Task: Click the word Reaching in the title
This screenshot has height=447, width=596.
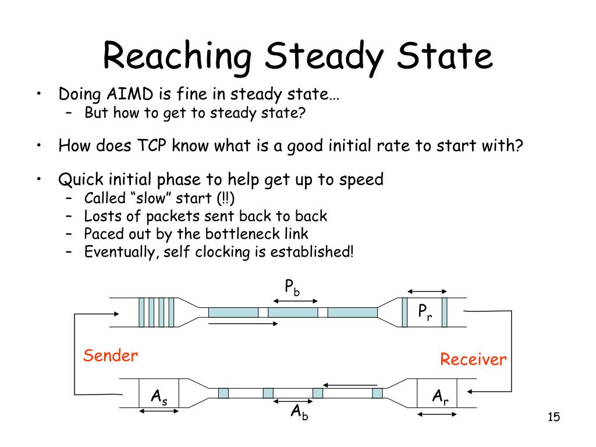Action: [x=178, y=56]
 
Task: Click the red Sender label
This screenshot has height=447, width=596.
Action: [x=111, y=356]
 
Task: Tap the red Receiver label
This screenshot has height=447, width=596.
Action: [x=473, y=359]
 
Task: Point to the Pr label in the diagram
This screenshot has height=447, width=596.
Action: [x=425, y=313]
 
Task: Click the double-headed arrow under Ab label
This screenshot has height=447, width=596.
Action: [x=293, y=401]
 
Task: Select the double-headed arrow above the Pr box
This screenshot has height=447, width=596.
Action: [x=427, y=292]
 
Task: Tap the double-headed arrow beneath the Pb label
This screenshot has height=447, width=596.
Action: [x=295, y=301]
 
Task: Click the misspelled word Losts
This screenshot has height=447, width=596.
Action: [x=101, y=216]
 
